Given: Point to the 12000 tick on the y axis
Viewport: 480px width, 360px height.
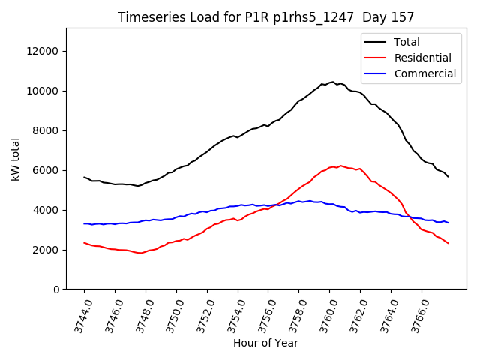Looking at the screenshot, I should [x=43, y=51].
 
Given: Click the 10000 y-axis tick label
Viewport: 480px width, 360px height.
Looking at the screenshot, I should [x=43, y=91].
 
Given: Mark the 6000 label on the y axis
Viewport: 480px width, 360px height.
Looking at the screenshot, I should [x=46, y=170].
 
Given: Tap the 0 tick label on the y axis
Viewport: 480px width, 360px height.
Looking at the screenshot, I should [x=56, y=289].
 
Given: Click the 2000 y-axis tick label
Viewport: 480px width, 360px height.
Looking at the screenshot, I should [x=46, y=250].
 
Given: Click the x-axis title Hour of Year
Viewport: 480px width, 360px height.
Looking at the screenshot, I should [x=265, y=343].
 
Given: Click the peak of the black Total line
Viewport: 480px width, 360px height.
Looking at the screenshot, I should [x=332, y=82].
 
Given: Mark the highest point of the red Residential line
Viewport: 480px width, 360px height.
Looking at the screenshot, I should [x=340, y=166].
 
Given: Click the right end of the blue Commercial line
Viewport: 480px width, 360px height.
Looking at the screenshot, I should [x=448, y=223].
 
